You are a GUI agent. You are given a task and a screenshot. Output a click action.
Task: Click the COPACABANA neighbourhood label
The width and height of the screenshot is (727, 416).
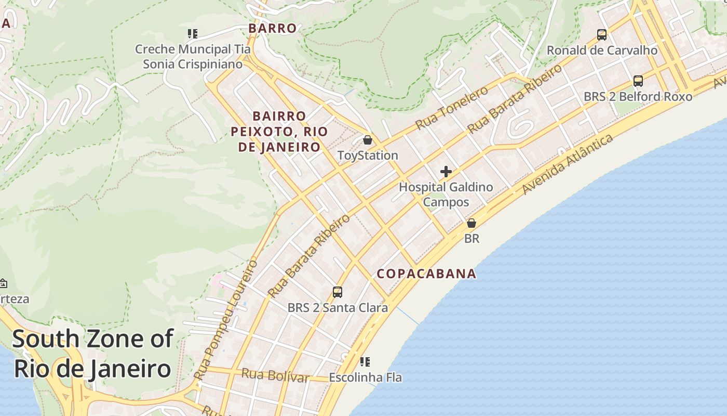[426, 274]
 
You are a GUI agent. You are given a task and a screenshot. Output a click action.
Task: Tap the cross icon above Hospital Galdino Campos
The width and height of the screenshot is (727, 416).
[446, 172]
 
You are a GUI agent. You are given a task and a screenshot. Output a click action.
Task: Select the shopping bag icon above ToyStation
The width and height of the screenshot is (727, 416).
[368, 140]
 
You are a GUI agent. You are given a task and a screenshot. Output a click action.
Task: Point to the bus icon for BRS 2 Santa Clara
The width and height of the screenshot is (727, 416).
[338, 292]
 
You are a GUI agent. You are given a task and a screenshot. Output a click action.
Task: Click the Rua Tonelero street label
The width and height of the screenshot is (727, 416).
[452, 108]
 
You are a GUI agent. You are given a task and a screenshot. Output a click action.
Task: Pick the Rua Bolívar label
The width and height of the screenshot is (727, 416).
[275, 375]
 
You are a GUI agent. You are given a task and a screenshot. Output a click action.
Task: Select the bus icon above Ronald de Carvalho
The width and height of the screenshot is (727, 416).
[601, 35]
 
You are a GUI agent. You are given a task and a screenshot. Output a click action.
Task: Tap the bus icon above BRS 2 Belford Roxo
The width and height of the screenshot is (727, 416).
[638, 81]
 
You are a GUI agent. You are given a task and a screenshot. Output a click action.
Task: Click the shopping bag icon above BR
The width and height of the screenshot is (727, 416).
[471, 223]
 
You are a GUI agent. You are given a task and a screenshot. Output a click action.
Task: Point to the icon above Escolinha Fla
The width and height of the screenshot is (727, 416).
[365, 361]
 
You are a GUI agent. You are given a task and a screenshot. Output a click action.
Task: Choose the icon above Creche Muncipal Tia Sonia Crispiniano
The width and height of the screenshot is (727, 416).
[193, 34]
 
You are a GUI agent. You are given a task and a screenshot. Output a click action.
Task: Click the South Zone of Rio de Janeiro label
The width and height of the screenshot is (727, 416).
[92, 354]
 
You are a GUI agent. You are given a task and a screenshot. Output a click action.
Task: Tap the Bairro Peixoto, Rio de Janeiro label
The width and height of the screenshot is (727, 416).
[279, 132]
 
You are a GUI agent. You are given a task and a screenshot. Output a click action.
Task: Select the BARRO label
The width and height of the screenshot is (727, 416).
[272, 28]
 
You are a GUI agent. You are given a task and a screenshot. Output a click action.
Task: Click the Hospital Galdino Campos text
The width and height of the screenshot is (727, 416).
[446, 194]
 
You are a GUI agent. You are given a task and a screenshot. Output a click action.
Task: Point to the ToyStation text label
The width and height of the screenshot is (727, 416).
[368, 155]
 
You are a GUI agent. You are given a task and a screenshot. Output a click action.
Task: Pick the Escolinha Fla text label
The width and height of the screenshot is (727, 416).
[366, 377]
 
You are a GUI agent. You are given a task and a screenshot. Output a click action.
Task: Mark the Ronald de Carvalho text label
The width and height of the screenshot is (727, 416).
[602, 50]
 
